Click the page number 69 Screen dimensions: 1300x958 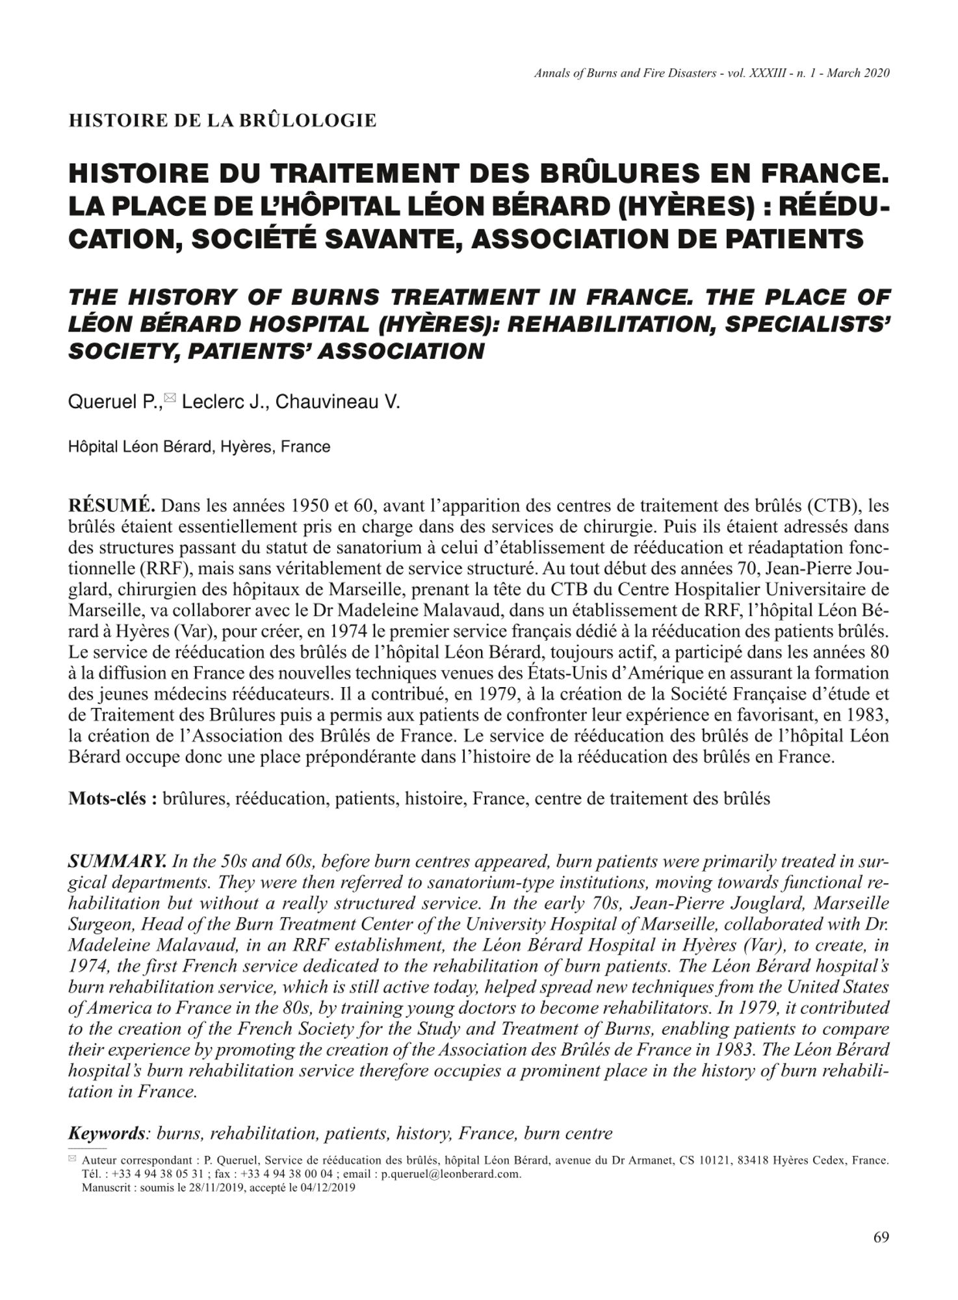click(881, 1238)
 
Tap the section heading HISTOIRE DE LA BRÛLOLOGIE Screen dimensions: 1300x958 click(222, 121)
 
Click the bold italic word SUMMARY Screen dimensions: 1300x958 click(118, 862)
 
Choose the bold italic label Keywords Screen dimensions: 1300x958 click(107, 1134)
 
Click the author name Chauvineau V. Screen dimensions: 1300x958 click(338, 402)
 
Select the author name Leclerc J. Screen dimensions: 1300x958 click(223, 402)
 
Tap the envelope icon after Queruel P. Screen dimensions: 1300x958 click(170, 397)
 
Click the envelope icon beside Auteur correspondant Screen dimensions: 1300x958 click(72, 1158)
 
